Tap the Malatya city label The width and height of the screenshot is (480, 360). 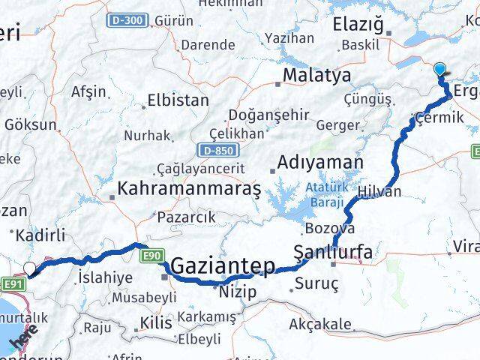pos(316,76)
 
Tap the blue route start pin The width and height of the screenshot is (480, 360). pos(439,70)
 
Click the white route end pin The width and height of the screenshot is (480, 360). pos(29,268)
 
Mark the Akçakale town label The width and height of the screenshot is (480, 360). pos(320,325)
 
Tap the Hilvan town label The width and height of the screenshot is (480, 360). pos(380,192)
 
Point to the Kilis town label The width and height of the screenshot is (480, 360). pos(156,324)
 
